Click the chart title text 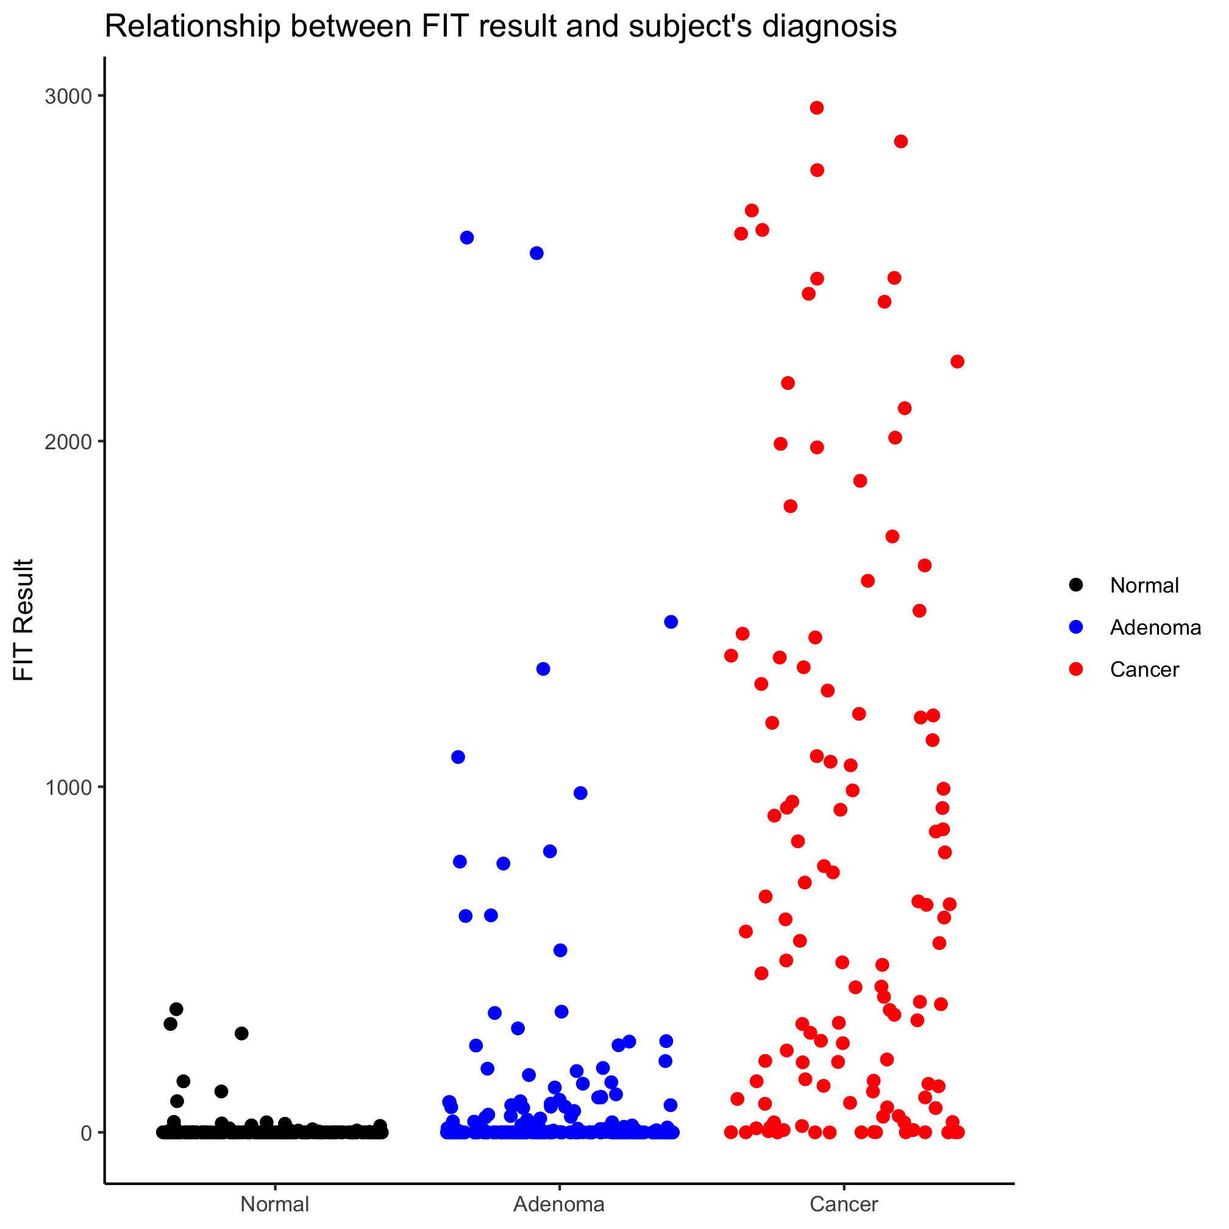[x=500, y=27]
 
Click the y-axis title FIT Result [x=24, y=619]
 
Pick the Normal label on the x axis [x=275, y=1204]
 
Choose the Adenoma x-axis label [x=559, y=1204]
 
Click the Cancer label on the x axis [x=844, y=1204]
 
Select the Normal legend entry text [x=1144, y=585]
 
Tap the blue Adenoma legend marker [x=1077, y=627]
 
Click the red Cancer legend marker [x=1077, y=669]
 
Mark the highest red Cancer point [x=817, y=108]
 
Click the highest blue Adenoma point [x=467, y=238]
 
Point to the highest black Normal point [x=176, y=1009]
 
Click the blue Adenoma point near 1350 [x=543, y=669]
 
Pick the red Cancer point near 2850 [x=901, y=142]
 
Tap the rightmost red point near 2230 [x=957, y=362]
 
